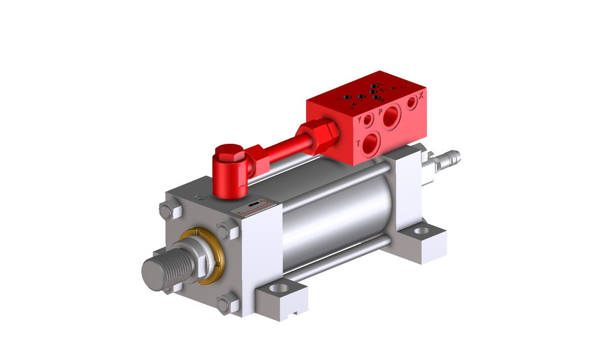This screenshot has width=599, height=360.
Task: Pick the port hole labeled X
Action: [x=412, y=103]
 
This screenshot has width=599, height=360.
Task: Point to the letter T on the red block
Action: [x=358, y=144]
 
